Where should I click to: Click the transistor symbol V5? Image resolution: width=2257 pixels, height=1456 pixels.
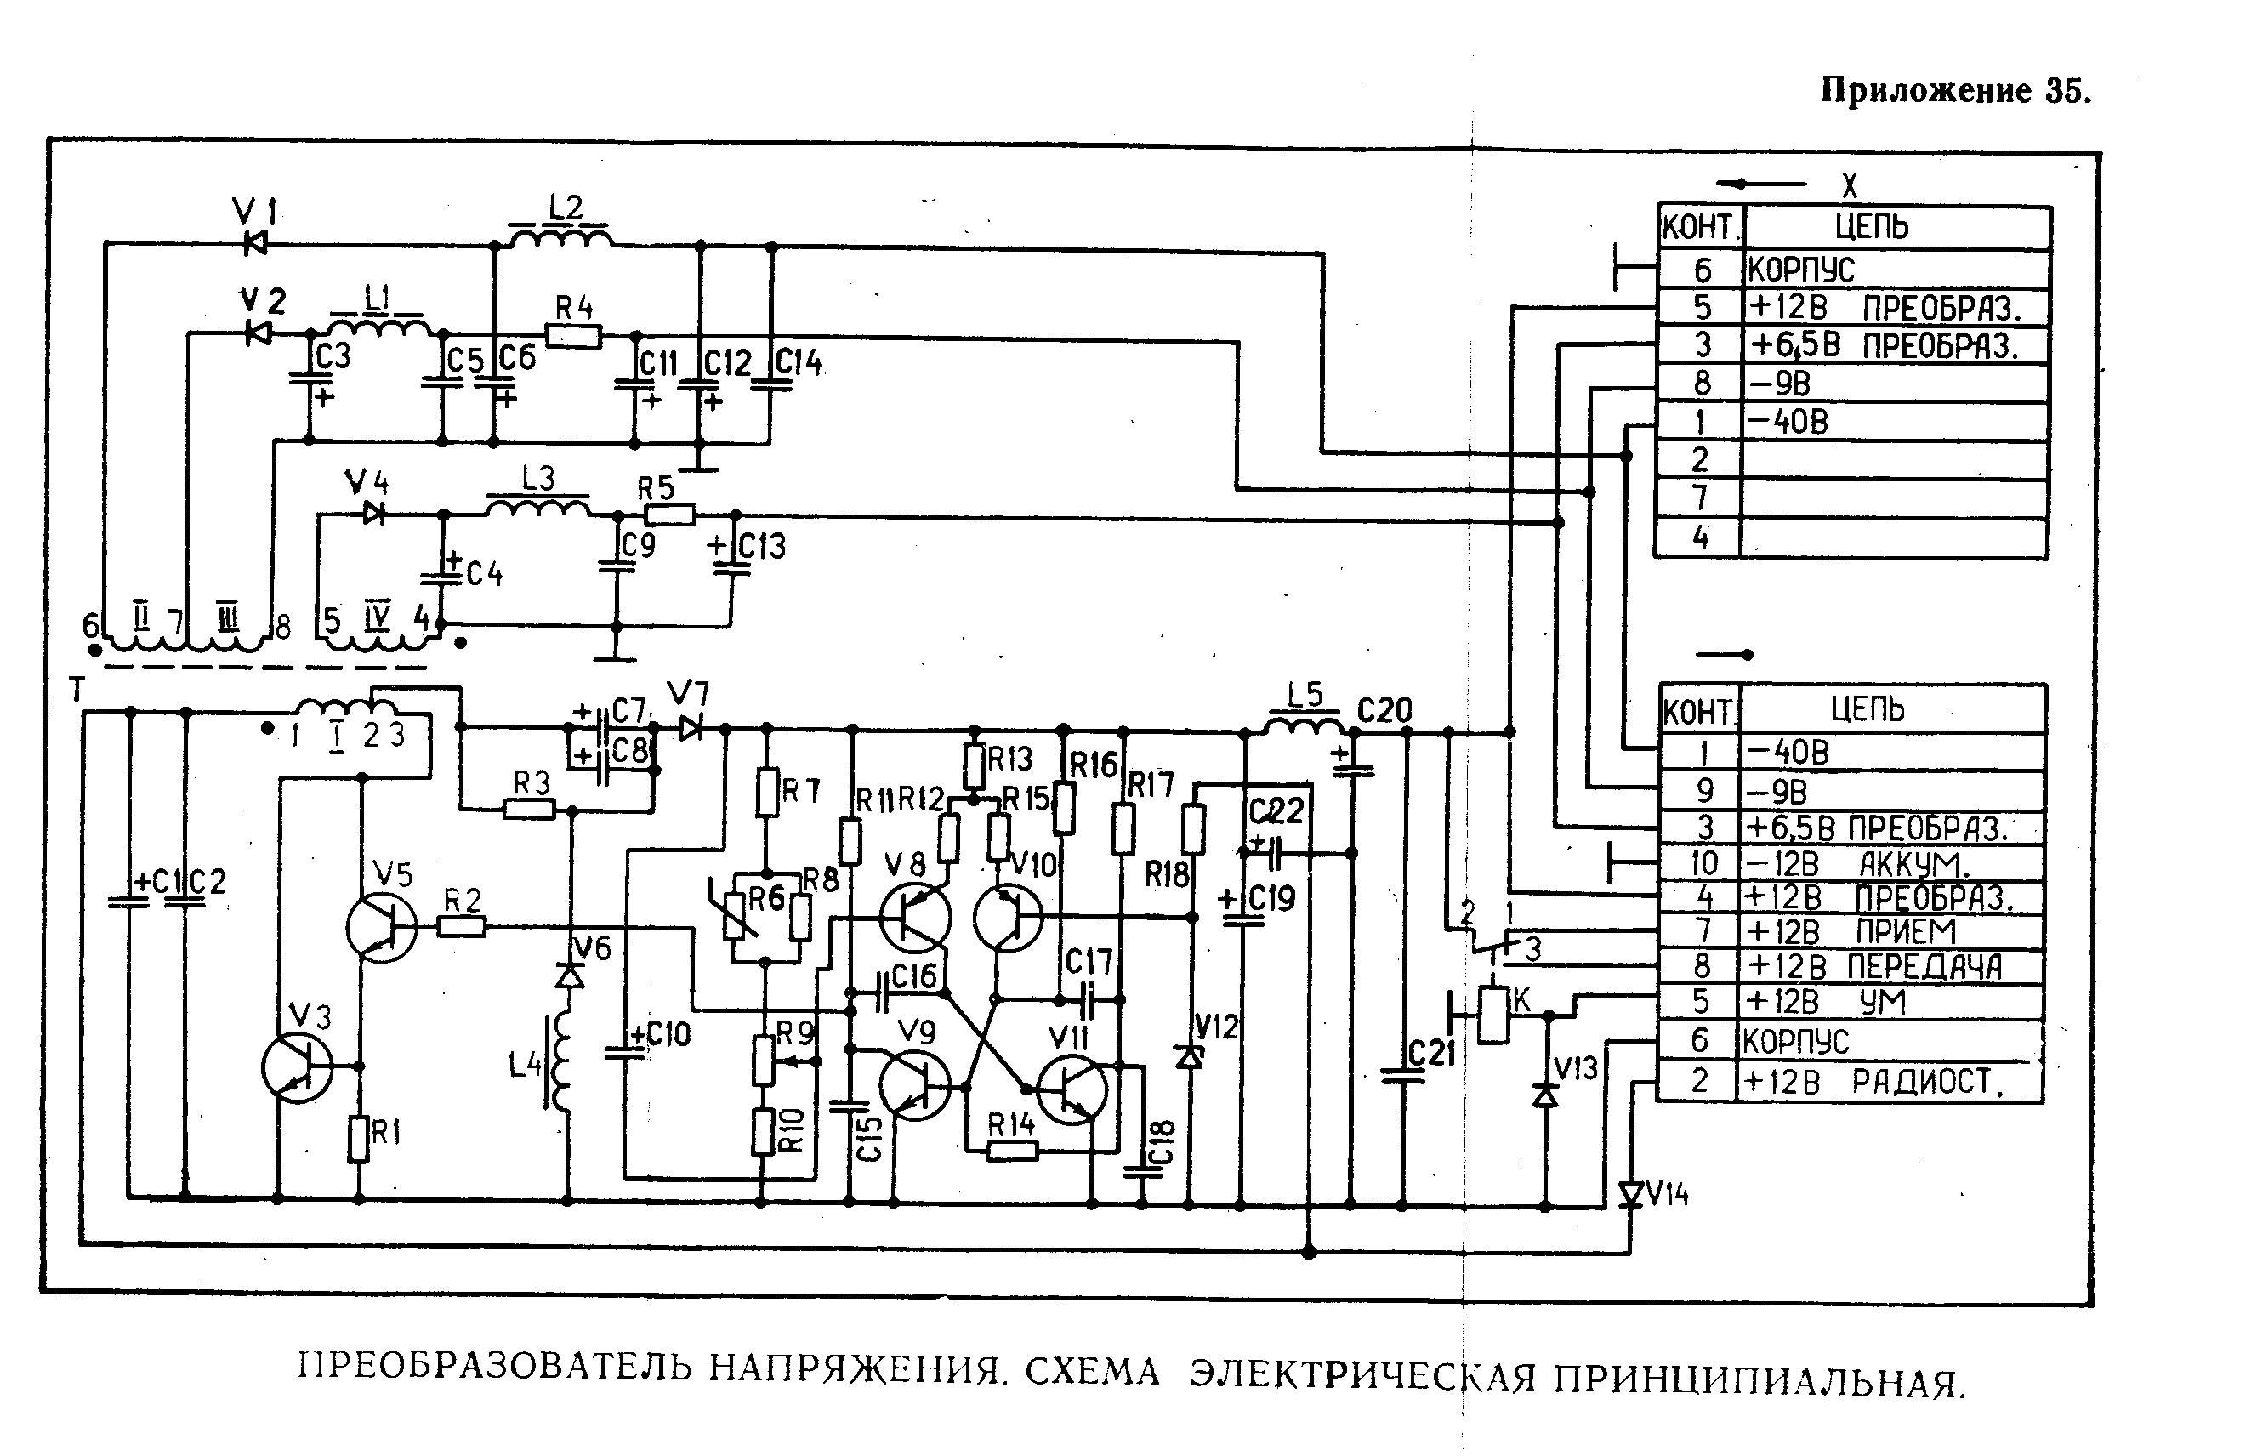tap(380, 928)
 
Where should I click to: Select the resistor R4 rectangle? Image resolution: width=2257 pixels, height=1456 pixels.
tap(574, 336)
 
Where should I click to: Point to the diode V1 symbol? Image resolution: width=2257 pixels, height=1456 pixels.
tap(254, 243)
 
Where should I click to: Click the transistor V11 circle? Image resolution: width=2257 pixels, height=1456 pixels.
tap(1071, 1090)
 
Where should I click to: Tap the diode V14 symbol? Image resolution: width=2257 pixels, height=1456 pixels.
tap(1631, 1195)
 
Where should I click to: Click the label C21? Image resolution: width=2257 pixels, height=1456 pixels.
tap(1431, 1052)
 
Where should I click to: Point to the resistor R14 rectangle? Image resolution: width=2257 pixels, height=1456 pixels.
tap(1012, 1151)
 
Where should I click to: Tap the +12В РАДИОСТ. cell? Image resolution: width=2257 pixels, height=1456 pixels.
tap(1890, 1082)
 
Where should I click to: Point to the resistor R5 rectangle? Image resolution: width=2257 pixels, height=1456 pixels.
tap(670, 515)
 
